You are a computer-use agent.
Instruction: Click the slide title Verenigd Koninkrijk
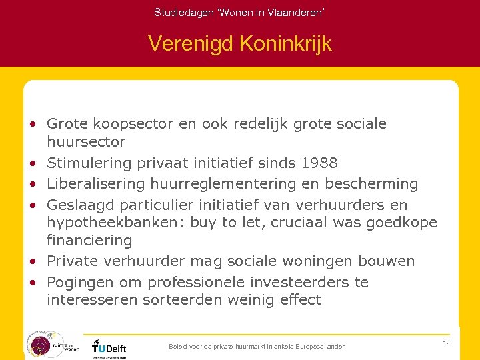[239, 44]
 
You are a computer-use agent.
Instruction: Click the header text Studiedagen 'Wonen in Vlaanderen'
[239, 12]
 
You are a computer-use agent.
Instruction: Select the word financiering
[89, 239]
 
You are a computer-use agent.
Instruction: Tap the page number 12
[446, 343]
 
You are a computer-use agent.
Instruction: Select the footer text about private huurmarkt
[257, 347]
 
